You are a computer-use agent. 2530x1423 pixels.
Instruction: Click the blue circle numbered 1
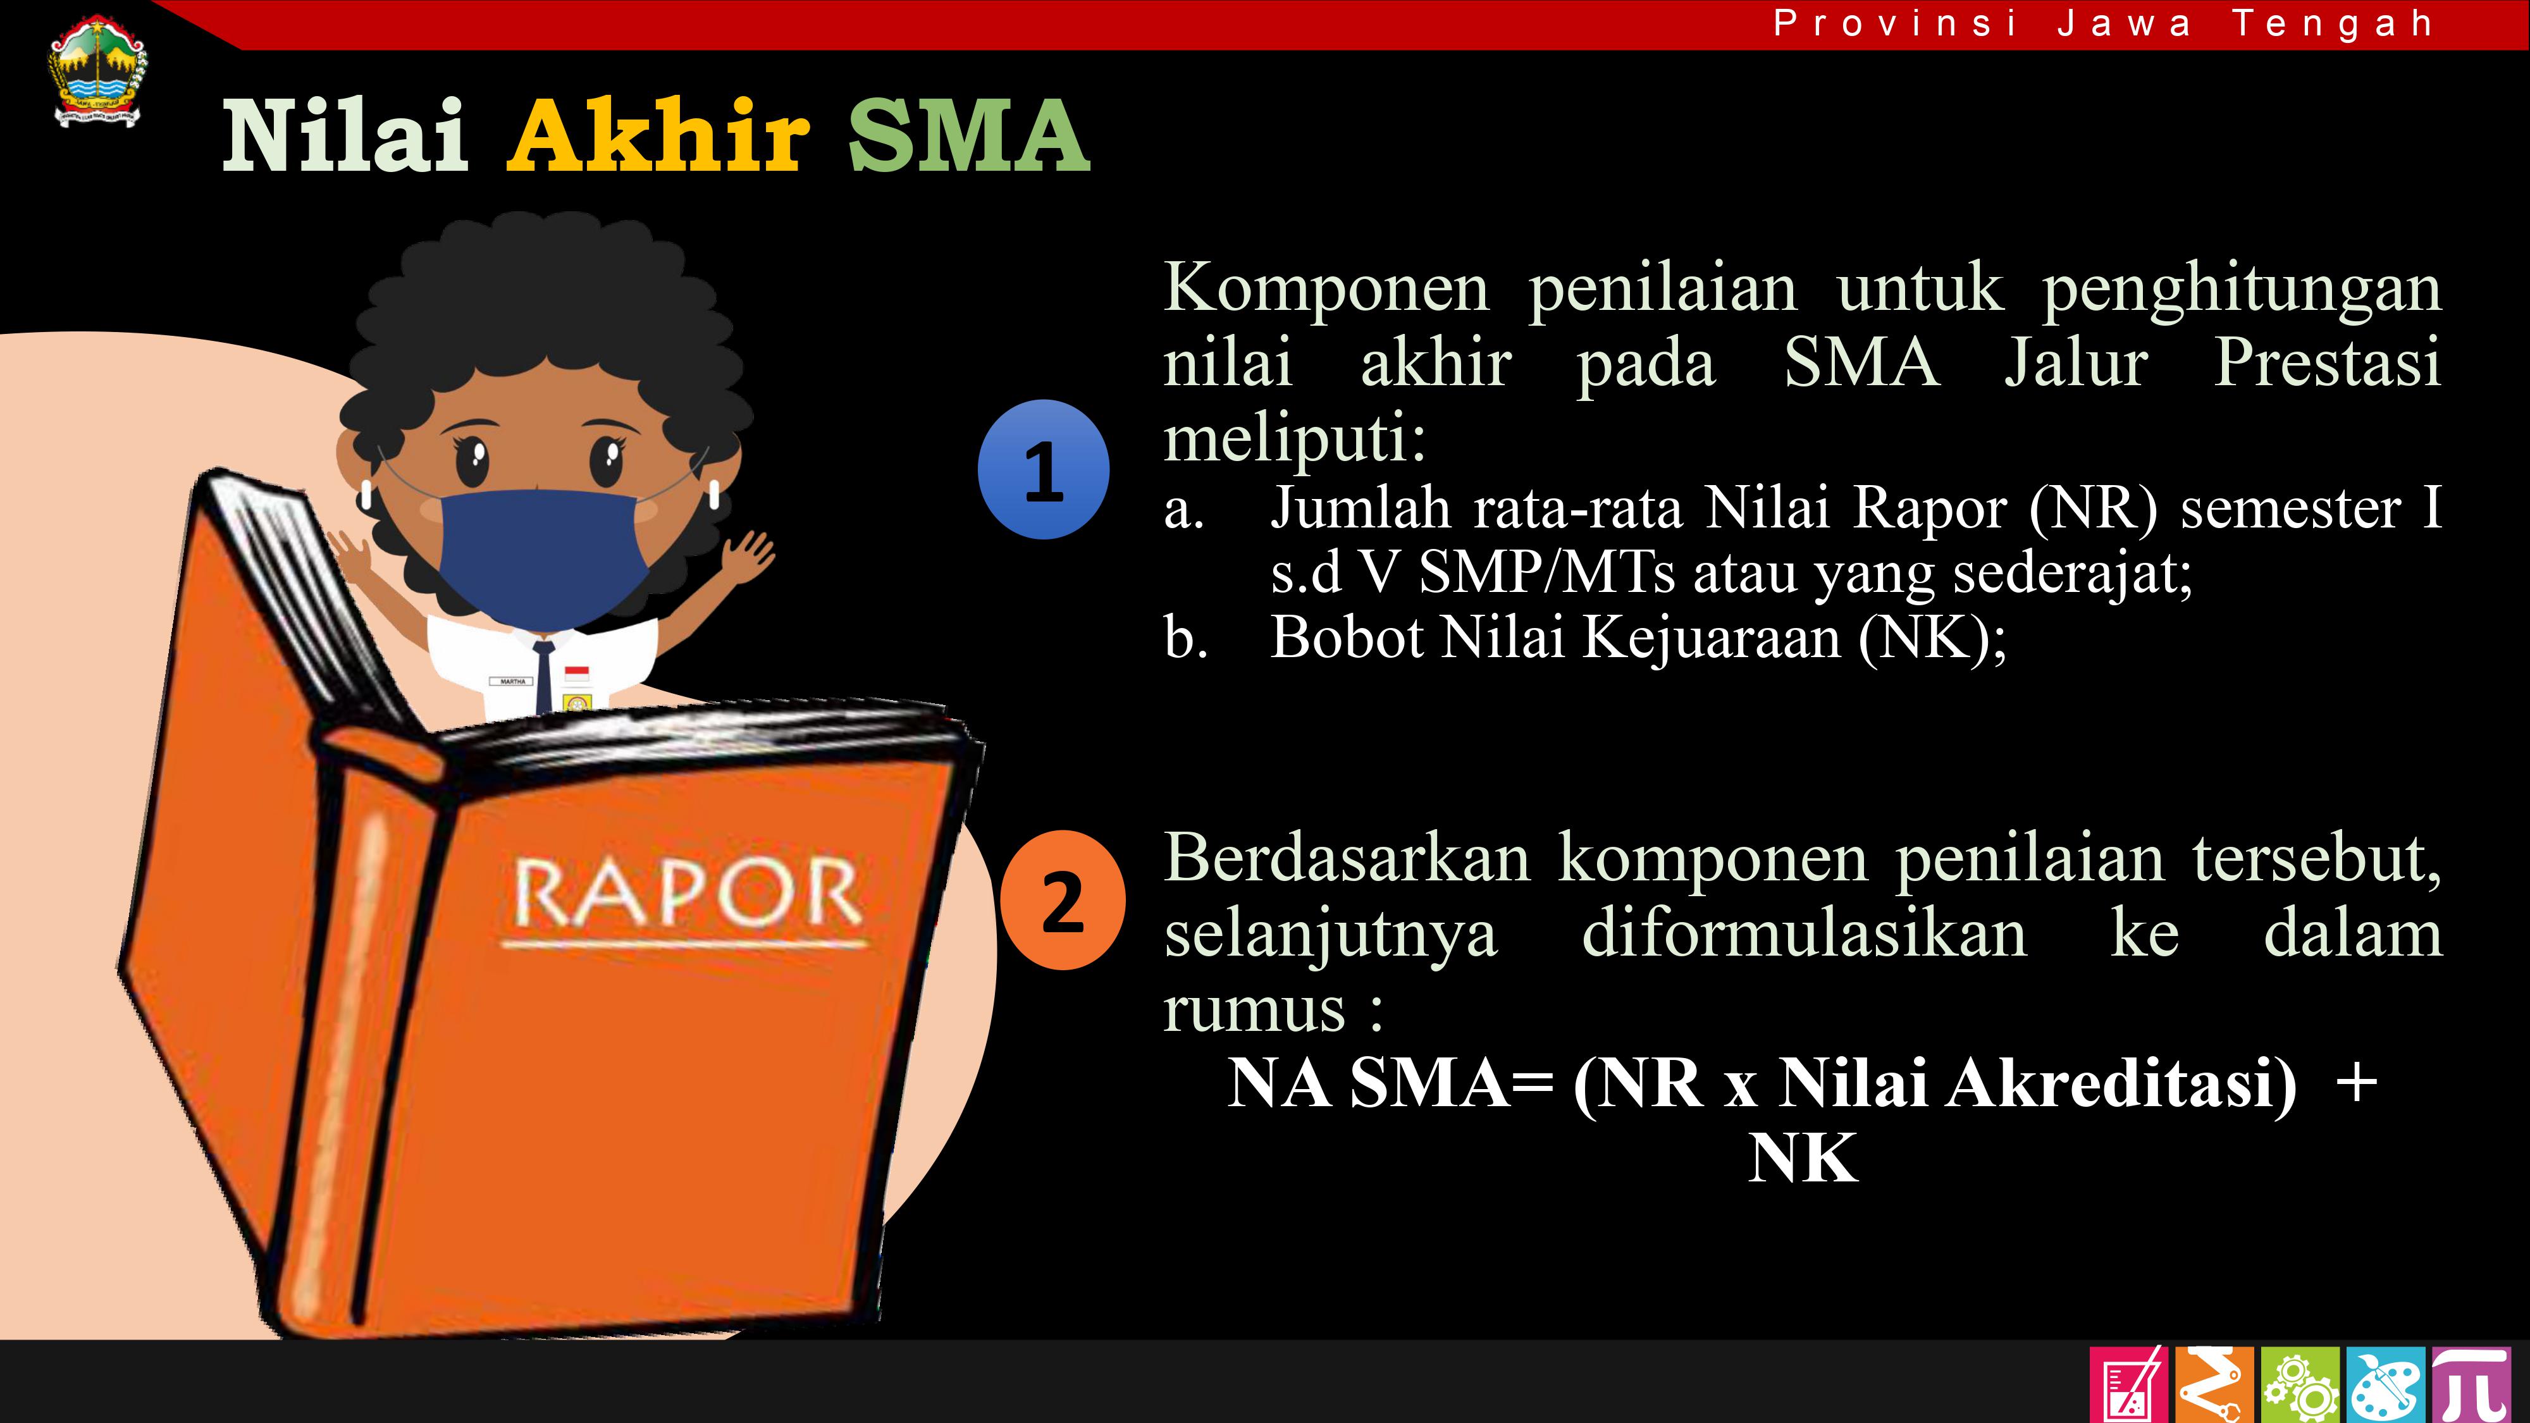pos(1043,469)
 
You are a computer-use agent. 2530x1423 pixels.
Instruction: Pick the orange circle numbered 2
pos(1063,901)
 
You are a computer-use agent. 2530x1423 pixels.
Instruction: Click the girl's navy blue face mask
pos(544,554)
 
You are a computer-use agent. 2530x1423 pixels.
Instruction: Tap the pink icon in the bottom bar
pos(2128,1384)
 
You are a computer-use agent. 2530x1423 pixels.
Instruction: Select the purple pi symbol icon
pos(2469,1384)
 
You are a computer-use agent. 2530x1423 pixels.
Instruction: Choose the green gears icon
pos(2299,1384)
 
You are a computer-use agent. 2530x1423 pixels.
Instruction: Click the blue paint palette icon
pos(2385,1384)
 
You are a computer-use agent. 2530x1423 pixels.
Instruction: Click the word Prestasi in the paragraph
pos(2327,362)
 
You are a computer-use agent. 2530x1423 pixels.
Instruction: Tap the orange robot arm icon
pos(2214,1384)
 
